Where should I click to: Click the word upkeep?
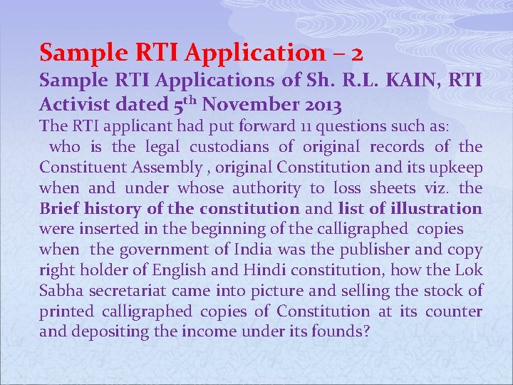[x=455, y=168]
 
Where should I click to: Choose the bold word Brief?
[x=59, y=209]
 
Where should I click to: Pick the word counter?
[x=454, y=312]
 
